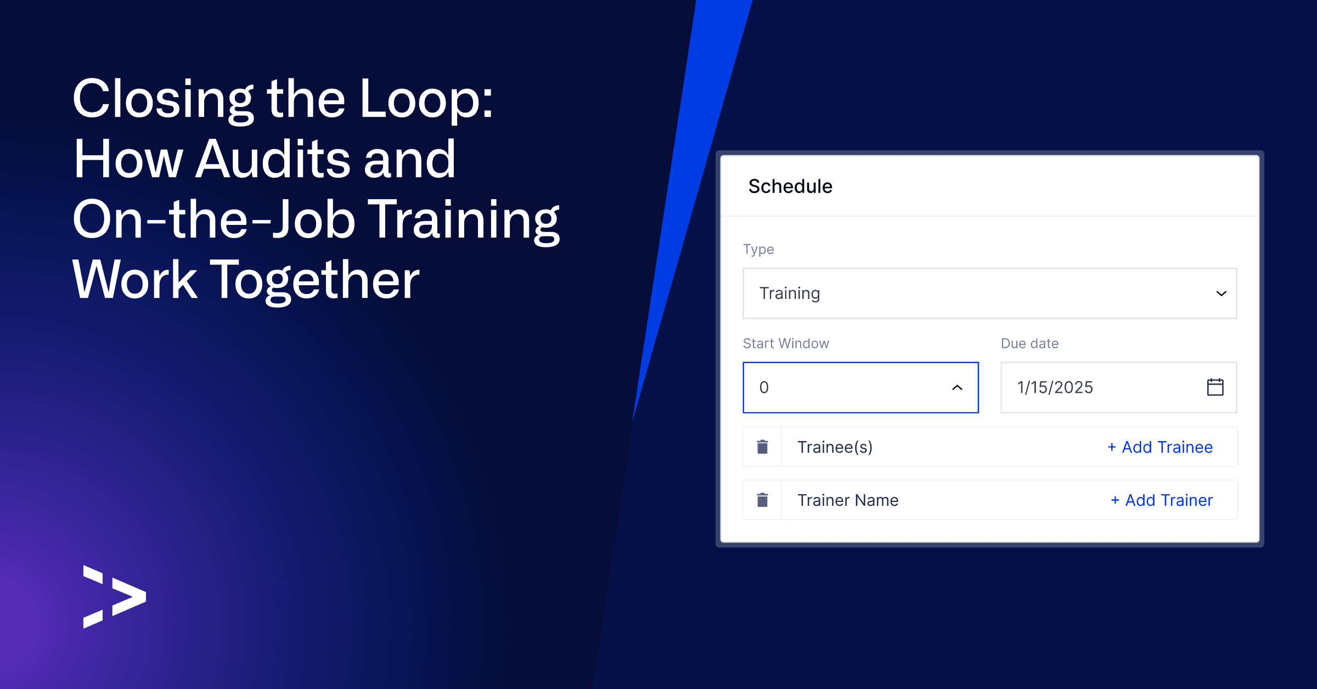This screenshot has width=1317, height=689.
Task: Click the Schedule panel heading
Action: pyautogui.click(x=790, y=187)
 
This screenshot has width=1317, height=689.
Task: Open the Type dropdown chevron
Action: pyautogui.click(x=1221, y=293)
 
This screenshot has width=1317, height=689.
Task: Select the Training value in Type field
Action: pyautogui.click(x=790, y=293)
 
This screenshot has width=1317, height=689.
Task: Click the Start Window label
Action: pyautogui.click(x=786, y=343)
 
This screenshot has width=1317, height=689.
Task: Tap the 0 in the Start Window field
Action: pyautogui.click(x=764, y=387)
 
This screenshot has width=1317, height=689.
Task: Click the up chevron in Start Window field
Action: pyautogui.click(x=957, y=387)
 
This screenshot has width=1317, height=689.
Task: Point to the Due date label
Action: pyautogui.click(x=1029, y=343)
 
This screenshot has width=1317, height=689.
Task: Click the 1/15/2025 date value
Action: pyautogui.click(x=1055, y=387)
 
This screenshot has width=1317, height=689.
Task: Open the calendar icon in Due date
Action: pyautogui.click(x=1215, y=387)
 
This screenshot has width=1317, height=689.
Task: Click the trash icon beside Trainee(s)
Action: pyautogui.click(x=762, y=447)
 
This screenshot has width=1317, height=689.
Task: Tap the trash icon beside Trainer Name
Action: pyautogui.click(x=762, y=500)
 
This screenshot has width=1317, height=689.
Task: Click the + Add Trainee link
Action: pyautogui.click(x=1160, y=447)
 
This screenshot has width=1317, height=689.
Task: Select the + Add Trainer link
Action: pyautogui.click(x=1162, y=500)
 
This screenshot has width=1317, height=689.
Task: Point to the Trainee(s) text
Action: pyautogui.click(x=835, y=447)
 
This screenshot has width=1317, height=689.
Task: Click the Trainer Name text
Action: pyautogui.click(x=848, y=500)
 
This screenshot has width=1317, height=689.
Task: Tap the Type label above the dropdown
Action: pyautogui.click(x=758, y=249)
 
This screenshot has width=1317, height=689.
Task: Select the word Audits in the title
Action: pyautogui.click(x=273, y=159)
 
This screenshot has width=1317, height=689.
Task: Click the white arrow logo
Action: pyautogui.click(x=115, y=596)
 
